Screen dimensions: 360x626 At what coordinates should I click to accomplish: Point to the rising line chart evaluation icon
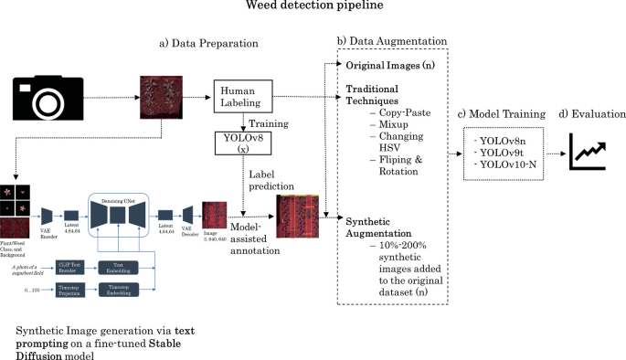click(x=589, y=151)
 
